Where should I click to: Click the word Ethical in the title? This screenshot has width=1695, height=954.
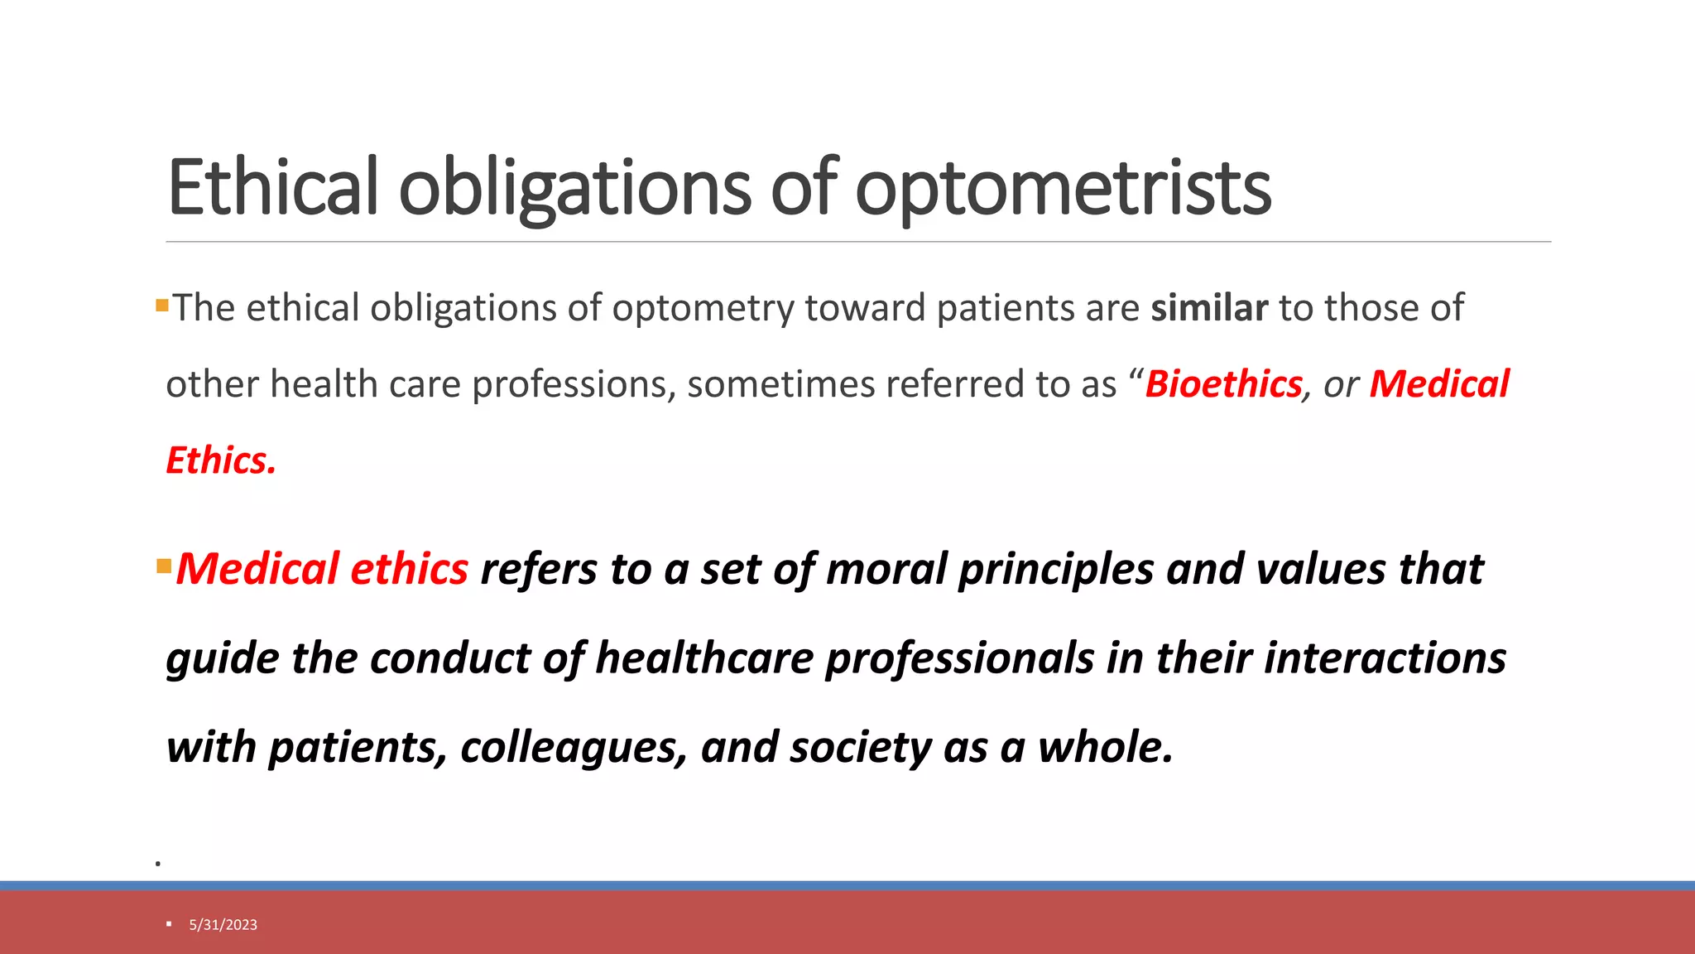tap(273, 187)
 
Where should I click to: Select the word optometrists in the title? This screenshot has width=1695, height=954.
tap(1063, 189)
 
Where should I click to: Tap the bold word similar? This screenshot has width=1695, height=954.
tap(1209, 308)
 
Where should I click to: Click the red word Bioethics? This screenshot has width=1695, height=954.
tap(1223, 384)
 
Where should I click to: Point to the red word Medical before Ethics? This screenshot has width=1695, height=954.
tap(1439, 384)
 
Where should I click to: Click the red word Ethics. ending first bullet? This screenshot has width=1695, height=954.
tap(221, 460)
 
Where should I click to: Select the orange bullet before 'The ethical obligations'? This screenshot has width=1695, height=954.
tap(162, 306)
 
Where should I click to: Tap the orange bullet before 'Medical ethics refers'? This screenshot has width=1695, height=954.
tap(163, 567)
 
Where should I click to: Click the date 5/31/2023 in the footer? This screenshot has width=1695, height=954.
tap(223, 925)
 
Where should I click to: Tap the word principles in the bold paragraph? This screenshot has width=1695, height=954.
tap(1056, 570)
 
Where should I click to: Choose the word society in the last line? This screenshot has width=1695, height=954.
tap(860, 747)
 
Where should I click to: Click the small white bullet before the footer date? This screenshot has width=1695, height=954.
tap(169, 924)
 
